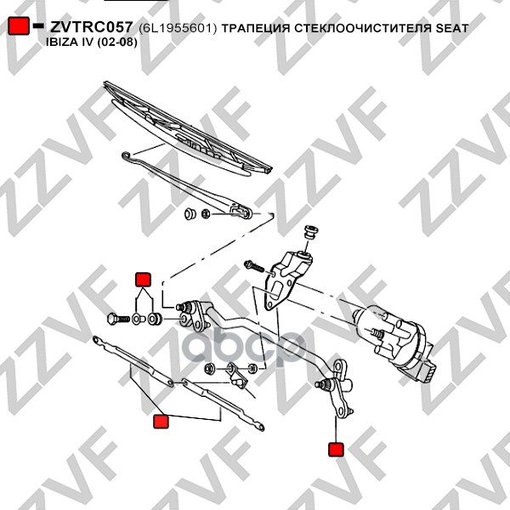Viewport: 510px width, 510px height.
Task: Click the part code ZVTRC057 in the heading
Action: (92, 27)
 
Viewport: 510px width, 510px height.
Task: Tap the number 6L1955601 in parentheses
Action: (178, 28)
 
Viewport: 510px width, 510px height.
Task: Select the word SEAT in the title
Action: (452, 28)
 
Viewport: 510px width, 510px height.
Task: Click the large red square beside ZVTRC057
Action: (19, 25)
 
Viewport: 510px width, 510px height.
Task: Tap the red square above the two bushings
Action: (143, 280)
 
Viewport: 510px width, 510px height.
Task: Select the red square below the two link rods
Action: (161, 422)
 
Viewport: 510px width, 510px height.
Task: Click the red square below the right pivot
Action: (336, 449)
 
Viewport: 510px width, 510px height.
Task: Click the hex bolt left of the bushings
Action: (118, 319)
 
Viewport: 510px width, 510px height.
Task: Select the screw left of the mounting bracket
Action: (254, 266)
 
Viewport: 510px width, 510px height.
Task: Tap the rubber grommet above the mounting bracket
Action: (310, 232)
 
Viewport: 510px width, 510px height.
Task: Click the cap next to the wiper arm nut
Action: (190, 213)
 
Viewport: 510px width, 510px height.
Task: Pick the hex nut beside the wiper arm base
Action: (206, 214)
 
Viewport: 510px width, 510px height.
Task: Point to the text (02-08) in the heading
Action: (117, 42)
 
